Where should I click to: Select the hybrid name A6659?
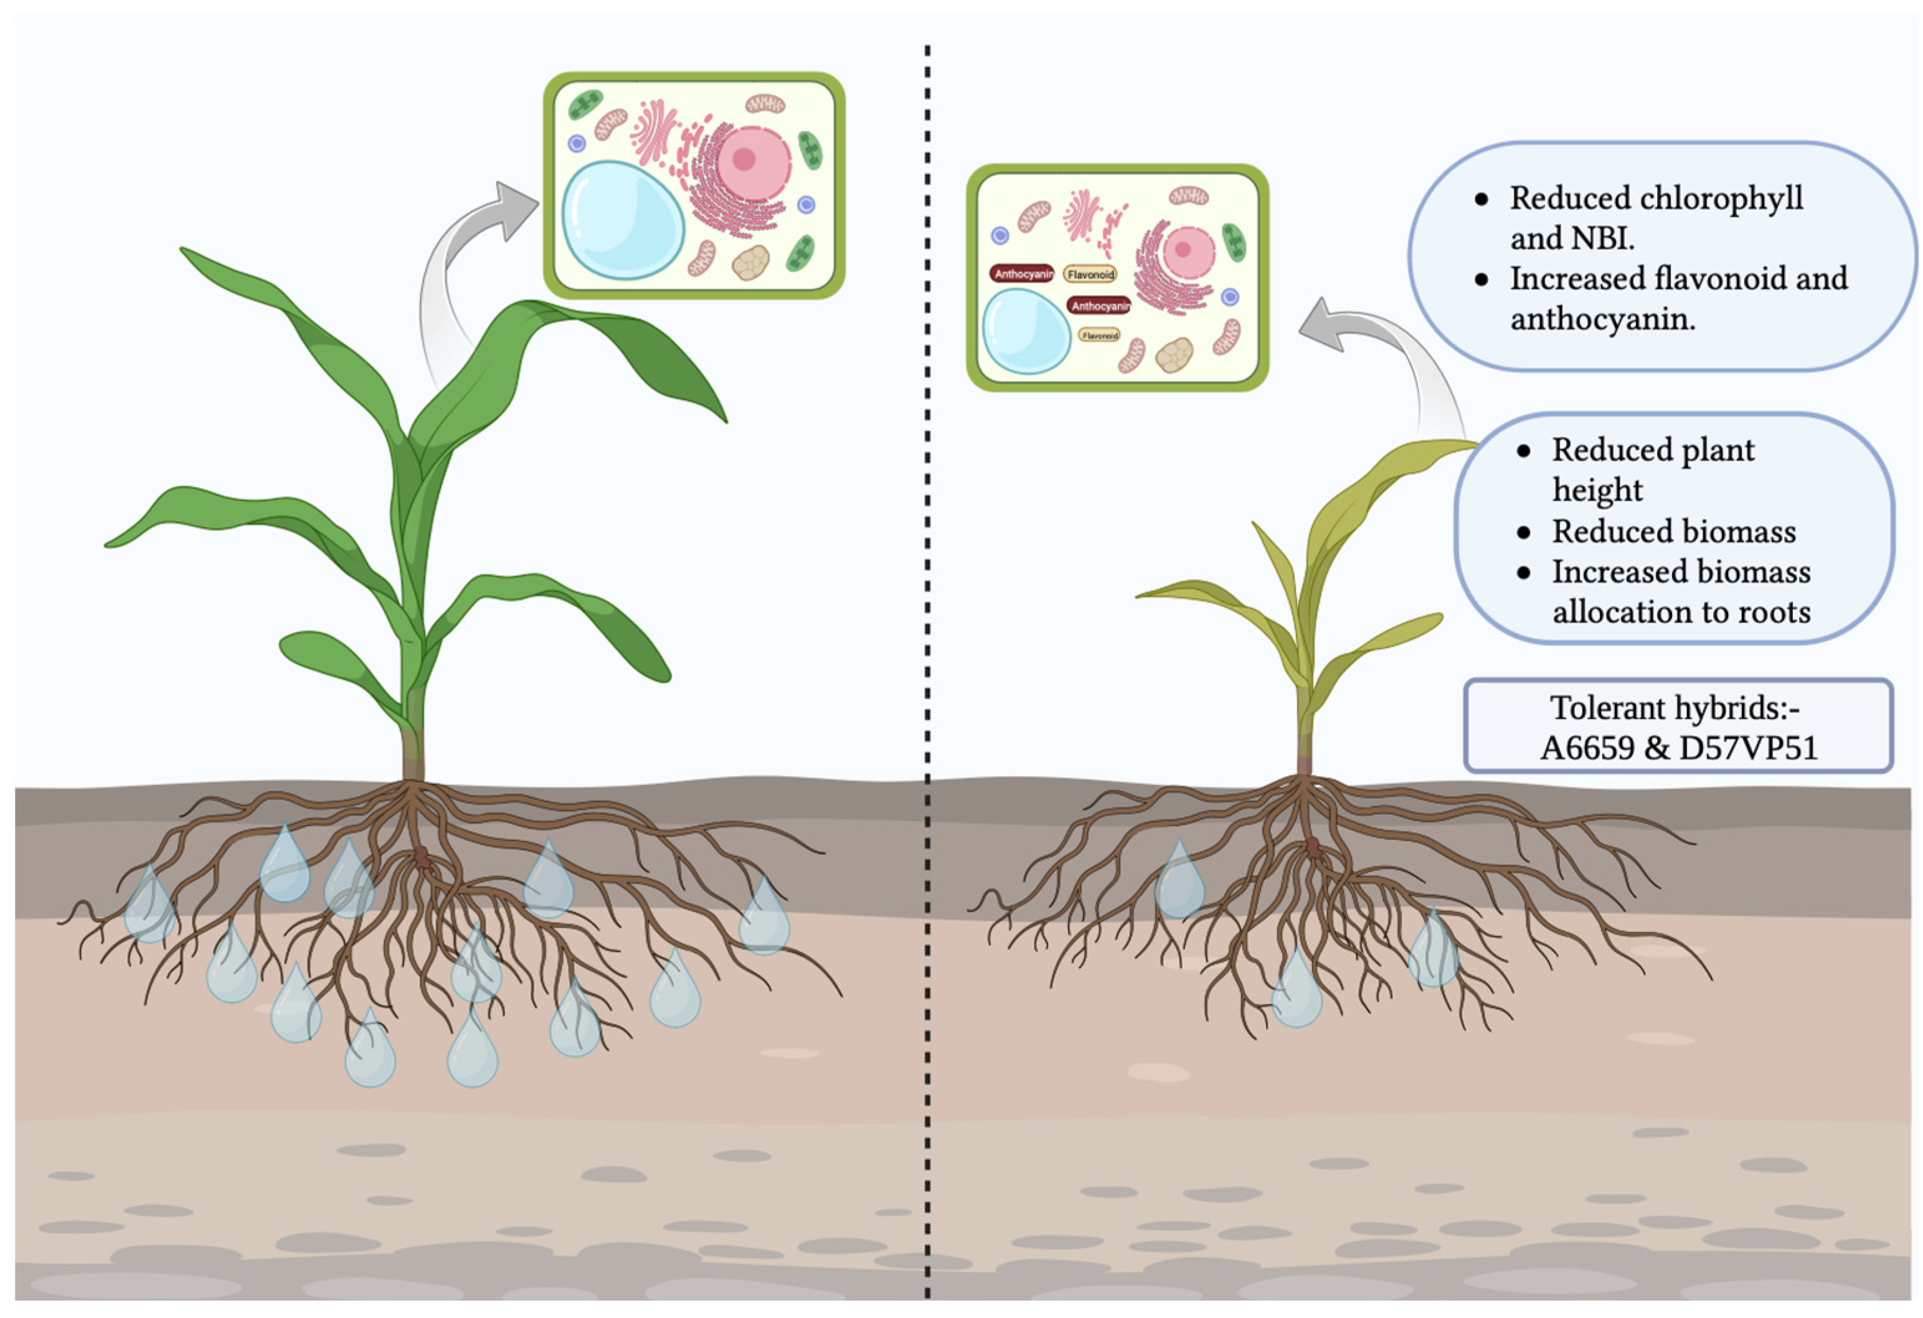pos(1586,748)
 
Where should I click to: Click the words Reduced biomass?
pos(1673,531)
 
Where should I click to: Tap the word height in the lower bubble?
pos(1597,491)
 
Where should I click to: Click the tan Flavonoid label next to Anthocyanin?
pos(1090,274)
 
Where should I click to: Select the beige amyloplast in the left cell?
pos(750,262)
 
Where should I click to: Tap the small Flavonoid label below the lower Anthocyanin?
pos(1100,335)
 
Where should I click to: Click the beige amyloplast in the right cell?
pos(1173,355)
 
